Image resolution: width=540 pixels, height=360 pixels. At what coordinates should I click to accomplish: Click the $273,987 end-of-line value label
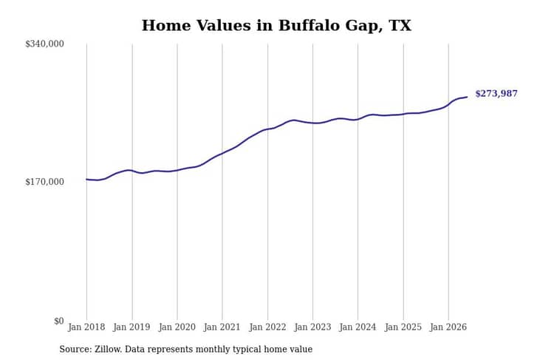coord(496,94)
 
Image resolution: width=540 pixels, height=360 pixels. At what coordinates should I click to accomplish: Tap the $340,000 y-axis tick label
coord(44,44)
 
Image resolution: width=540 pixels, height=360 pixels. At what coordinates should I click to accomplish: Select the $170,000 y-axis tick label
coord(44,182)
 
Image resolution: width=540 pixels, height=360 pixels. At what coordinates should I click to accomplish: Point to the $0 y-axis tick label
coord(59,321)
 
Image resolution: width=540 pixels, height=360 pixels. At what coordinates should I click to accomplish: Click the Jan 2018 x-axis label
coord(86,327)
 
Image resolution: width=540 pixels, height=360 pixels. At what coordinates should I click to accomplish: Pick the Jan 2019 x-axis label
coord(131,327)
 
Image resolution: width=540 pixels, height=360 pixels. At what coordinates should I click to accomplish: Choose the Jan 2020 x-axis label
coord(177,327)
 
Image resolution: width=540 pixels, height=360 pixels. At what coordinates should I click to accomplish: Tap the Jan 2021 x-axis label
coord(222,327)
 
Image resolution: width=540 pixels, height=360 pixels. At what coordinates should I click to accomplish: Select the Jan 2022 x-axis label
coord(267,327)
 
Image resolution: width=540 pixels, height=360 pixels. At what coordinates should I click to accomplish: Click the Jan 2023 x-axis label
coord(312,327)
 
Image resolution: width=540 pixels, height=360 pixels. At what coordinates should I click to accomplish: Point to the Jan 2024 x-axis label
coord(358,327)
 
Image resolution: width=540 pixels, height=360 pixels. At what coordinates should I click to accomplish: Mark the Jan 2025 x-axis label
coord(403,327)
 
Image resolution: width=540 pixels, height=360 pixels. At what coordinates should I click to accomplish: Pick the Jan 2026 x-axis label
coord(448,327)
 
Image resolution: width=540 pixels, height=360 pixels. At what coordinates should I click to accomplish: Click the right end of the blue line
coord(467,97)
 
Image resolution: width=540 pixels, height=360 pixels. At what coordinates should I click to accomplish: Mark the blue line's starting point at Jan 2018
coord(86,179)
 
